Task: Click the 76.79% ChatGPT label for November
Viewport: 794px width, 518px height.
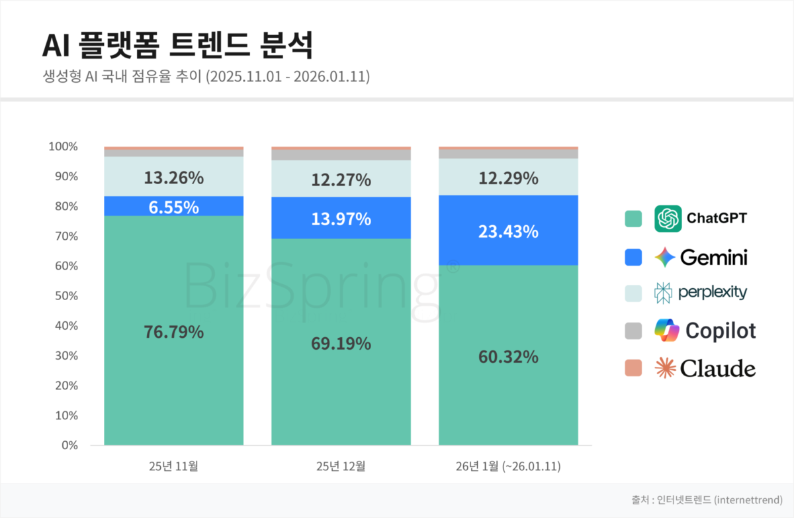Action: click(173, 332)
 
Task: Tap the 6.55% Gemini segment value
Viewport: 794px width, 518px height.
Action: click(173, 207)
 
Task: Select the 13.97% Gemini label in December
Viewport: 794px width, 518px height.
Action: click(341, 219)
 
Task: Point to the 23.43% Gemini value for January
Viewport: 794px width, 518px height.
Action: click(508, 232)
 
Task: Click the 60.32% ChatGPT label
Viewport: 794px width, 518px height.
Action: click(508, 356)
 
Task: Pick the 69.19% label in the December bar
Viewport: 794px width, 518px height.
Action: click(341, 344)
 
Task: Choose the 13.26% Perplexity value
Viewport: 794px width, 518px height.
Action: click(173, 178)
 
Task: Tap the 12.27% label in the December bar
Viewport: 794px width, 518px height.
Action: click(341, 180)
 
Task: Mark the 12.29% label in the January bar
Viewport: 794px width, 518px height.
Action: click(508, 178)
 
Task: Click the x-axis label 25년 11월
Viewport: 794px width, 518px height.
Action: click(173, 466)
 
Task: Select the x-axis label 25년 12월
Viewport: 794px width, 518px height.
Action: click(341, 466)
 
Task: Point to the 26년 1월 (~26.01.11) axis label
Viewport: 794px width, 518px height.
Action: click(508, 466)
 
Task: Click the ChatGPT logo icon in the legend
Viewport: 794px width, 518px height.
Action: click(668, 219)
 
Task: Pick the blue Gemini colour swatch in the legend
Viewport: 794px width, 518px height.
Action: click(633, 257)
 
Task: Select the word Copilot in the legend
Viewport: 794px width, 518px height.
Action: click(721, 331)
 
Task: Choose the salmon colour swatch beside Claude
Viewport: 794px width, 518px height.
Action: click(633, 368)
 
